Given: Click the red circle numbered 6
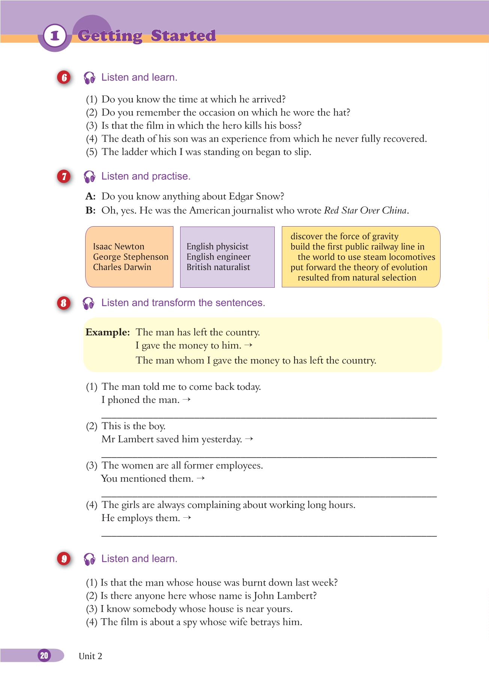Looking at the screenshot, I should click(x=64, y=78).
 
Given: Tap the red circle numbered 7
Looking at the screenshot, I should click(x=64, y=176).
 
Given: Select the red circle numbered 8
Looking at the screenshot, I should click(x=64, y=303).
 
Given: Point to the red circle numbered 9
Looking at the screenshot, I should click(x=64, y=559).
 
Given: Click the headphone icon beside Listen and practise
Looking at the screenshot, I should click(x=89, y=177).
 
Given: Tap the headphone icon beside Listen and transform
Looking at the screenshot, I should click(x=89, y=303).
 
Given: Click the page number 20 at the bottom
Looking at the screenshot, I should click(x=44, y=655).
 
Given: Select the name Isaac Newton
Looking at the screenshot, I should click(x=119, y=246).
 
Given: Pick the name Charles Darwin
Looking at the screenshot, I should click(x=122, y=267).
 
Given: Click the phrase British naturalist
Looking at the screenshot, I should click(x=218, y=267).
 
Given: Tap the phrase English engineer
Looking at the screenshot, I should click(x=218, y=257).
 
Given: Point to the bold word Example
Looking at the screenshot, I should click(x=107, y=332).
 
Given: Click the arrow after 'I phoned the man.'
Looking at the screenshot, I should click(x=187, y=400).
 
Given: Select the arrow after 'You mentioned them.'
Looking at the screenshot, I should click(x=201, y=478).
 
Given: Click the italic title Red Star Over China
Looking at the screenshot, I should click(x=365, y=210).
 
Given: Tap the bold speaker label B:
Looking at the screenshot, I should click(x=90, y=210).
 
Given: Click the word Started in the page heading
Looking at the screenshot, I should click(x=183, y=36).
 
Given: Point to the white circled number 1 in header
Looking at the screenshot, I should click(x=55, y=36).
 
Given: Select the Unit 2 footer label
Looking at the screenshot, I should click(x=90, y=656).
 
